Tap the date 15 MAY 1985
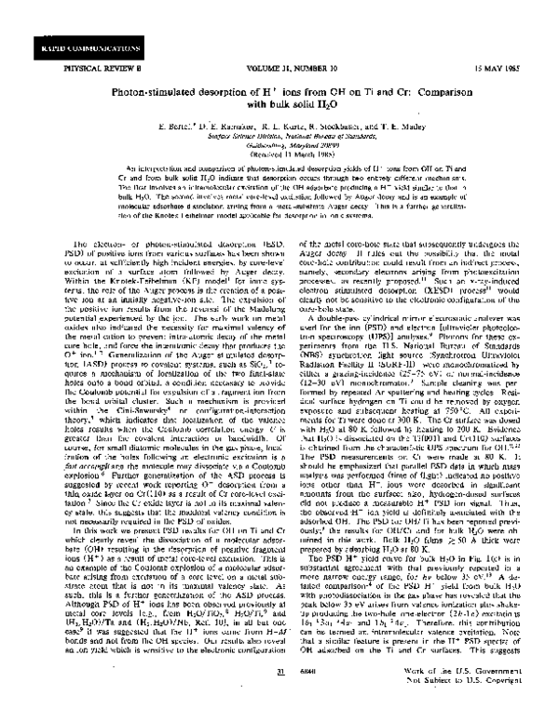(x=504, y=64)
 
